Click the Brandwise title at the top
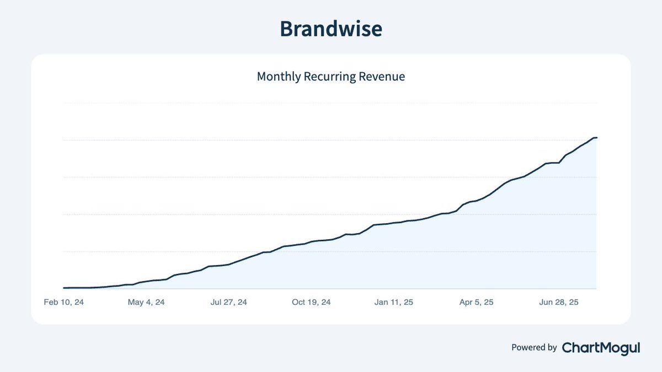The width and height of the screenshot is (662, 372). coord(330,29)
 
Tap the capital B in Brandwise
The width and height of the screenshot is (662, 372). coord(287,29)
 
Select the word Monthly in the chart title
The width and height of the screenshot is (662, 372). coord(279,77)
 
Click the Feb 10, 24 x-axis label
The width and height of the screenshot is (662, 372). coord(64,303)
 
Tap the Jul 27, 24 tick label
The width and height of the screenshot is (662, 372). coord(228,303)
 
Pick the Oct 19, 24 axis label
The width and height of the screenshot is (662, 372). coord(311,303)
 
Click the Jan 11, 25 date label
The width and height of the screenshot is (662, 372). coord(393,303)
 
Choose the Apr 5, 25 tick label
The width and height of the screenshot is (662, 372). coord(476,303)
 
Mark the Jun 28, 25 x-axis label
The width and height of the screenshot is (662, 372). coord(559,303)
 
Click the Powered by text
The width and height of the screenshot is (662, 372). coord(534,348)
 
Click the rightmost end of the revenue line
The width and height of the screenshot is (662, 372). coord(596,138)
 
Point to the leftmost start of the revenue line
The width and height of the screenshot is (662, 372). coord(65,288)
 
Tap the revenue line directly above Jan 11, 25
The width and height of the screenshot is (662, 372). coord(393,223)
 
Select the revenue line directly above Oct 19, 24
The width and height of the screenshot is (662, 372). coord(311,241)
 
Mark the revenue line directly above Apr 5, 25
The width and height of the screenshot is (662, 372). coord(476,201)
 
